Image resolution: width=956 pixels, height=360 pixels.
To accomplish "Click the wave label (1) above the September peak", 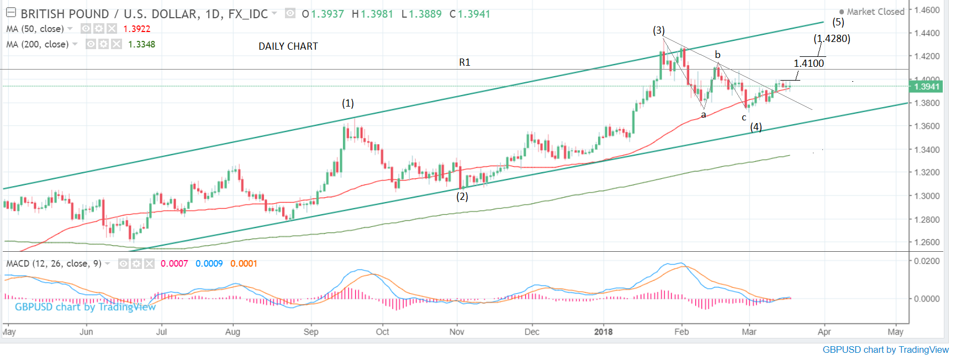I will click(x=347, y=103).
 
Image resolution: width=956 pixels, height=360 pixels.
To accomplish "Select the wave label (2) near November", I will click(x=462, y=197).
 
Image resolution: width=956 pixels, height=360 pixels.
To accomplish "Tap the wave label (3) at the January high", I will click(x=659, y=30).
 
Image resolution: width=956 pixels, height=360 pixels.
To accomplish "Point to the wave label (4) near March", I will click(x=756, y=127).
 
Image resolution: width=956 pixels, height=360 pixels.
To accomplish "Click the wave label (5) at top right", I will click(x=838, y=22).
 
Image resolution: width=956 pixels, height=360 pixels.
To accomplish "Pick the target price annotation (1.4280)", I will click(x=832, y=39).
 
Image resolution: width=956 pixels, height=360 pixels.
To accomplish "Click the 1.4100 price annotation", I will click(x=809, y=63).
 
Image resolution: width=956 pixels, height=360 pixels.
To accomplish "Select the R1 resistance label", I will click(x=464, y=62).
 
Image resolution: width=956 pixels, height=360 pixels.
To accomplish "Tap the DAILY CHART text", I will click(x=288, y=46).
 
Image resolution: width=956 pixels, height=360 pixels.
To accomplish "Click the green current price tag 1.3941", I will click(x=926, y=86).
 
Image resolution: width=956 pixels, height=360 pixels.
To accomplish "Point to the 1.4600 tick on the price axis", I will click(x=927, y=10).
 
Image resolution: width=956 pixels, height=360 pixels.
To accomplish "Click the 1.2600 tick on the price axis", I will click(x=927, y=242).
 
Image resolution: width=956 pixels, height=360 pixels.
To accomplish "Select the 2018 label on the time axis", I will click(x=603, y=332).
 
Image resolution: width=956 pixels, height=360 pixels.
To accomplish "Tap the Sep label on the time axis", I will click(x=311, y=332).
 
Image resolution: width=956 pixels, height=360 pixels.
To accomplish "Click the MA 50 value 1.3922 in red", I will click(x=136, y=29).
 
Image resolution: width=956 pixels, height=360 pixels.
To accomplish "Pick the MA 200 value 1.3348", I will click(x=141, y=44).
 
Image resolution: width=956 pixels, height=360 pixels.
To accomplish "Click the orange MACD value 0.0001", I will click(x=244, y=263).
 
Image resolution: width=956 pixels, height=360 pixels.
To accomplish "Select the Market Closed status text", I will click(x=875, y=12).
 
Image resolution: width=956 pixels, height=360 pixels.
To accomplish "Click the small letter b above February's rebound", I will click(x=717, y=55).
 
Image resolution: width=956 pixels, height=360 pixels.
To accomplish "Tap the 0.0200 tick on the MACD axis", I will click(x=927, y=261).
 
